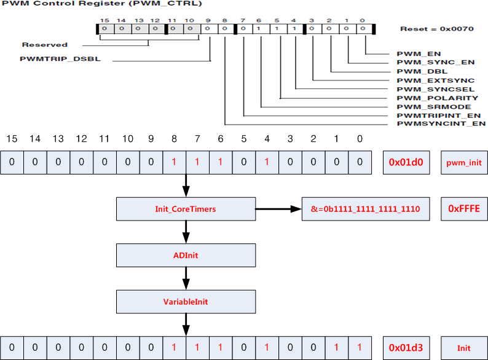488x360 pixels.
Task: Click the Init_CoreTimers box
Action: (x=186, y=209)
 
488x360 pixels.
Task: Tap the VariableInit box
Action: (x=186, y=302)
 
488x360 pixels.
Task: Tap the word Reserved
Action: (x=44, y=45)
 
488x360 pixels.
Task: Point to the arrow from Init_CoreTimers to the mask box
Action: (x=278, y=209)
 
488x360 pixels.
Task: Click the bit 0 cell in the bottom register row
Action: (x=360, y=348)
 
